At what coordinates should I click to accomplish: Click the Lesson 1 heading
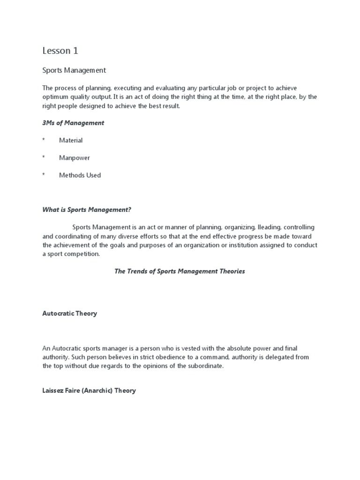(x=60, y=51)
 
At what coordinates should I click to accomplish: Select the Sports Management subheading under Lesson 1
(x=74, y=70)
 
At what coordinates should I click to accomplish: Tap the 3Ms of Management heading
(x=73, y=123)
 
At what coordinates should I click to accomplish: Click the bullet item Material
(x=71, y=140)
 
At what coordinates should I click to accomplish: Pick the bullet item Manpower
(x=75, y=158)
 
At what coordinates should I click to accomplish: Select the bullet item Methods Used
(x=80, y=175)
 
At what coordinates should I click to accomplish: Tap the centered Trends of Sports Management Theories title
(x=180, y=271)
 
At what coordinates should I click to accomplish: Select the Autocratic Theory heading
(x=69, y=314)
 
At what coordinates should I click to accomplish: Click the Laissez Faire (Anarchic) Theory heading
(x=89, y=390)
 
